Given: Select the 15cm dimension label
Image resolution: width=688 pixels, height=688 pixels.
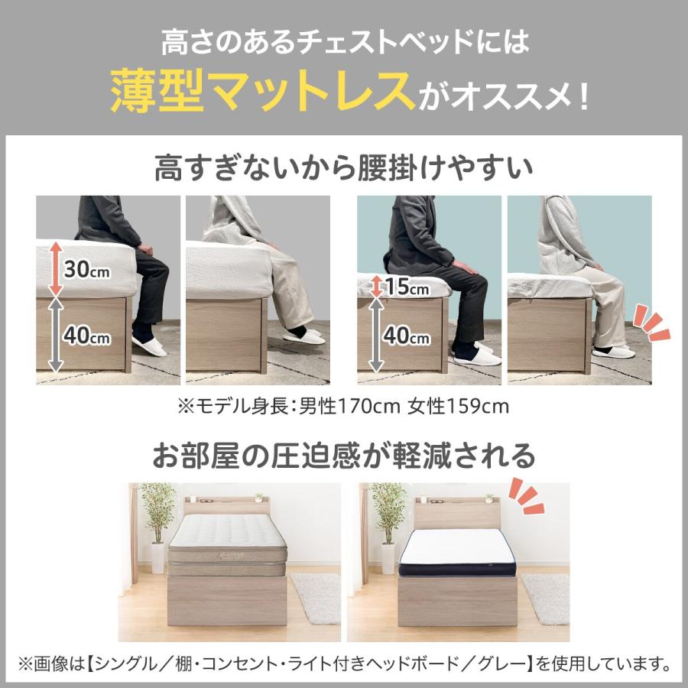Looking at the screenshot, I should click(x=407, y=287).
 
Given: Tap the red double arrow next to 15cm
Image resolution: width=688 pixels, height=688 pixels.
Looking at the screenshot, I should click(x=375, y=287).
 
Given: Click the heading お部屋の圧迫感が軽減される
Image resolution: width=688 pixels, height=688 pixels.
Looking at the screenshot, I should click(x=343, y=456).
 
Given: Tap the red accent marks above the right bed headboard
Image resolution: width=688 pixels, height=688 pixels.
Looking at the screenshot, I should click(x=527, y=496).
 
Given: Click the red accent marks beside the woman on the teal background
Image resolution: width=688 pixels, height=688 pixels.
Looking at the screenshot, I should click(x=653, y=321).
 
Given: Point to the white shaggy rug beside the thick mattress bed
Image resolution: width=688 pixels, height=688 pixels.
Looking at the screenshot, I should click(x=316, y=596).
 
